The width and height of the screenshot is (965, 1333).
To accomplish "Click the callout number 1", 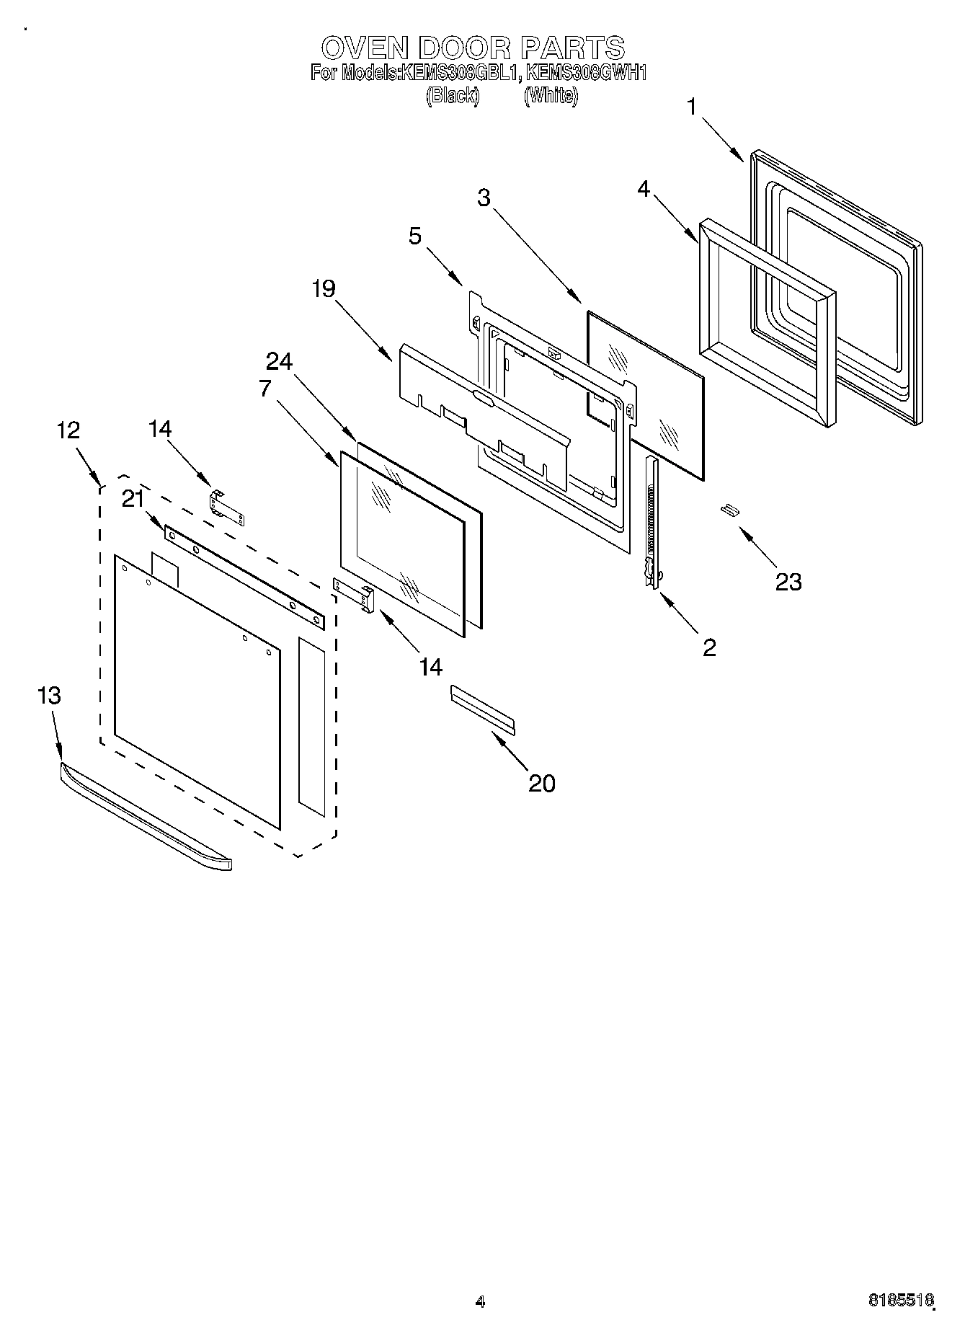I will pyautogui.click(x=692, y=107).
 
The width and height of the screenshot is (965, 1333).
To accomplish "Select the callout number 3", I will pyautogui.click(x=484, y=198).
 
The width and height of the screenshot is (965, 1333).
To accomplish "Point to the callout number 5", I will pyautogui.click(x=416, y=236).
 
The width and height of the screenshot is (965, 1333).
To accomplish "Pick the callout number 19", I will pyautogui.click(x=324, y=289).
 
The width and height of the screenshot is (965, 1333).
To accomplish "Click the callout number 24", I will pyautogui.click(x=280, y=361).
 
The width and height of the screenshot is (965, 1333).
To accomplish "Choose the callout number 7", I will pyautogui.click(x=265, y=388).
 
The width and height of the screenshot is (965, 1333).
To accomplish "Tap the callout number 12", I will pyautogui.click(x=68, y=430).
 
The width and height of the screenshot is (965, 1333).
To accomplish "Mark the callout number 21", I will pyautogui.click(x=133, y=498).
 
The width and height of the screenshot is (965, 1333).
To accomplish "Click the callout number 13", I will pyautogui.click(x=50, y=696).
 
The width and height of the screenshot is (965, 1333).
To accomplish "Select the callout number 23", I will pyautogui.click(x=788, y=581).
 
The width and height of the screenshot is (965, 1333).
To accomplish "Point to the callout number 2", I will pyautogui.click(x=709, y=647).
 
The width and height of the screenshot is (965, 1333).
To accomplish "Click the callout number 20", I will pyautogui.click(x=542, y=783).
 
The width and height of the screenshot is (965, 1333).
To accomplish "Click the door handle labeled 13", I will pyautogui.click(x=144, y=815).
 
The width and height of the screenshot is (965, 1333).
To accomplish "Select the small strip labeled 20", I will pyautogui.click(x=483, y=709).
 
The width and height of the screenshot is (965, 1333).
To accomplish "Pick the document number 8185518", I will pyautogui.click(x=901, y=1301).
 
